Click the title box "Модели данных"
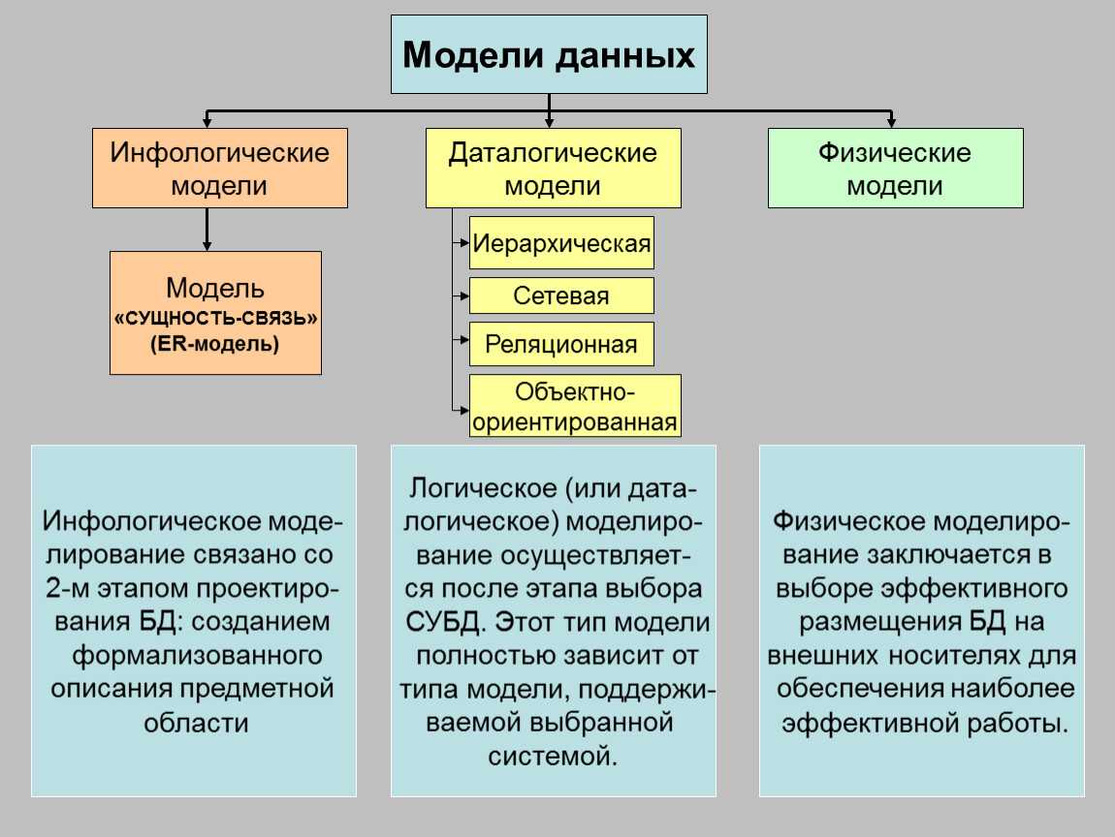coord(549,54)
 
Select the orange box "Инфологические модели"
coord(219,168)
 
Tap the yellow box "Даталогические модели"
coord(553,168)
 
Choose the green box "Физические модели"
coord(895,168)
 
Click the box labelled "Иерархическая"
coord(561,242)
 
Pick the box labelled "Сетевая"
coord(561,295)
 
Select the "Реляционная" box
coord(561,344)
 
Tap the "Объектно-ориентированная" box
coord(575,407)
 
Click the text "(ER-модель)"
coord(215,342)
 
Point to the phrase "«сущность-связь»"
coord(215,319)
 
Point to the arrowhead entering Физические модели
coord(893,123)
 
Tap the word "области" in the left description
coord(195,722)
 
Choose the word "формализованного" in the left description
coord(197,655)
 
